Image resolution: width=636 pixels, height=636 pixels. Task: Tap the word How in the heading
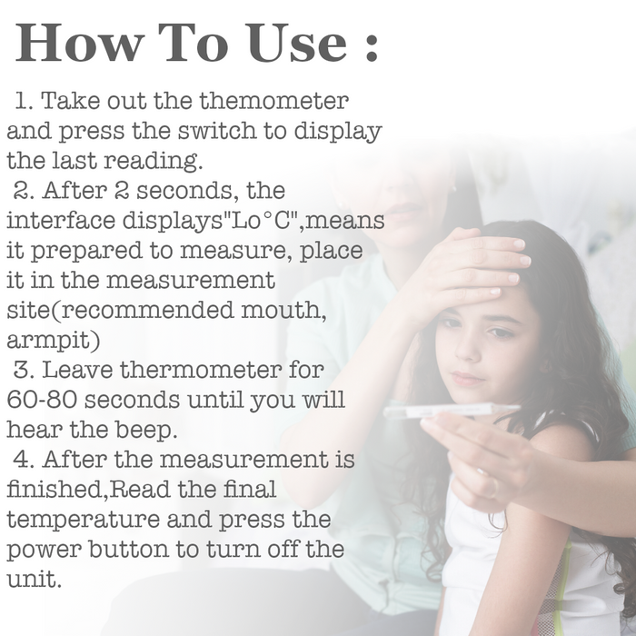(x=80, y=43)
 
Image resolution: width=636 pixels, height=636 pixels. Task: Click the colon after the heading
(x=371, y=45)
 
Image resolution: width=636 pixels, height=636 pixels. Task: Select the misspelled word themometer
(x=274, y=100)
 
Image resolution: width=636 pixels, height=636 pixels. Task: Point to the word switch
(x=217, y=130)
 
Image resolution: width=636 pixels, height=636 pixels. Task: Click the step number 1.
(x=24, y=100)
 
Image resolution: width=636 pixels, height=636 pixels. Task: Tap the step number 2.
(x=24, y=190)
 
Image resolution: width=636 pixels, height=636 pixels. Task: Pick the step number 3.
(x=24, y=370)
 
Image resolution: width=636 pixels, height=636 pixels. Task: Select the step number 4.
(x=24, y=460)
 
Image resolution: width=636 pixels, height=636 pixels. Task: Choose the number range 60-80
(x=42, y=400)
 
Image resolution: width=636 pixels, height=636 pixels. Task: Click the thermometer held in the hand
(x=452, y=411)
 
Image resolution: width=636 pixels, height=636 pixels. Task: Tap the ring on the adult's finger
(x=491, y=486)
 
